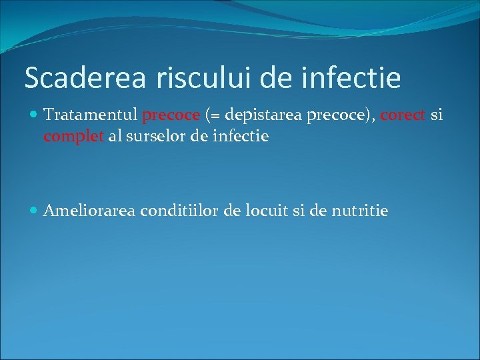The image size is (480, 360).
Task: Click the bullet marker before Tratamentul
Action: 35,115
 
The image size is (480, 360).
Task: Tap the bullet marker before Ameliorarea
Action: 35,211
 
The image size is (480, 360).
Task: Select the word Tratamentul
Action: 91,115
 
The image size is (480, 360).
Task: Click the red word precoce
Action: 171,115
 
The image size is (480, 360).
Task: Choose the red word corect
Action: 403,115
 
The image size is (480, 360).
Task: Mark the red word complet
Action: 71,137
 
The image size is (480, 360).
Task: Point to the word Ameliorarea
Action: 89,211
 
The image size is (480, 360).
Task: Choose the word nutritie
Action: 359,211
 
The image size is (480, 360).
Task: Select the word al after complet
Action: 109,137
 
